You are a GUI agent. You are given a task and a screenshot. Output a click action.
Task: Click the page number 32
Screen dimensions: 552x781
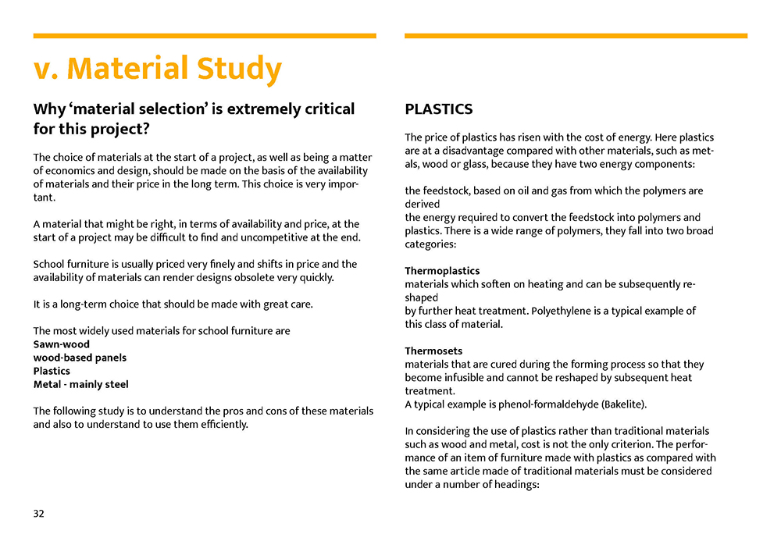39,513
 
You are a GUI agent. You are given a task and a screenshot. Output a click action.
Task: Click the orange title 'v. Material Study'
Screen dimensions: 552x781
157,69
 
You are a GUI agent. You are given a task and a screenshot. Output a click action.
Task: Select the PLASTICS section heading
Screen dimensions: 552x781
438,109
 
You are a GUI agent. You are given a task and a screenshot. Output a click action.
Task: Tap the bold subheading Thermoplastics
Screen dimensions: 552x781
442,271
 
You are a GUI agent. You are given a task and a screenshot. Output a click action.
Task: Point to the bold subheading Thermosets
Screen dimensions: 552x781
433,351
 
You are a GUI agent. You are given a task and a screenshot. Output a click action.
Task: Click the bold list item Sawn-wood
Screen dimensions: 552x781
62,344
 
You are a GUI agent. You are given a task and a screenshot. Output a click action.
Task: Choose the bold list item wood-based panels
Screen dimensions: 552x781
80,358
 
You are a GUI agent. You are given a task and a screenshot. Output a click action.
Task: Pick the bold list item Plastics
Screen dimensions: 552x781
52,371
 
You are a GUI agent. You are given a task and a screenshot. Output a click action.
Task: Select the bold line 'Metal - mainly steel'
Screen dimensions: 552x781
81,384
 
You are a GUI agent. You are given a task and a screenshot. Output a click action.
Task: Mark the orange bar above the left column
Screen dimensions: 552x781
205,36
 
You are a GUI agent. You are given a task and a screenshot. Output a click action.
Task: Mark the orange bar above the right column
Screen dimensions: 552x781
576,36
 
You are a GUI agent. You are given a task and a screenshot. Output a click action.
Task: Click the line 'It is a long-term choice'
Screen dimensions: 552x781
173,304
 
